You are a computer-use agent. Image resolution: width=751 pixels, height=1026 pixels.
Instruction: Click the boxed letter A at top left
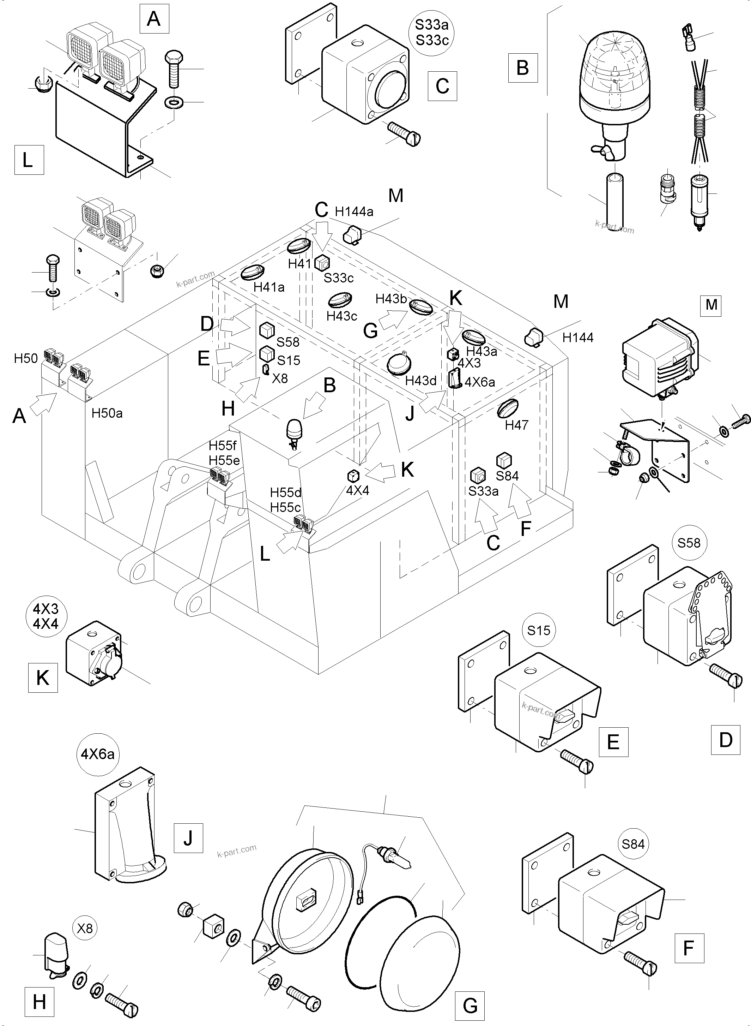[x=154, y=19]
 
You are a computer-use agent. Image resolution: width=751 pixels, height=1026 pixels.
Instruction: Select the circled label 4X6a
[x=97, y=754]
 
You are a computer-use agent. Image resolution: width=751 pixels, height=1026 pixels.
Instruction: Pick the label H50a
[x=107, y=413]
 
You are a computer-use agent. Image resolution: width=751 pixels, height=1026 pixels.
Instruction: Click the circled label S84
[x=633, y=845]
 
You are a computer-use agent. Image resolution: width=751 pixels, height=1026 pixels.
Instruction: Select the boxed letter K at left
[x=43, y=678]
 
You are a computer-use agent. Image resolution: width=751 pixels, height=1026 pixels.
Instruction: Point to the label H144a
[x=354, y=211]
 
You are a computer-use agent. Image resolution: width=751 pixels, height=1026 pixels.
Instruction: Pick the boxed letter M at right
[x=711, y=304]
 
